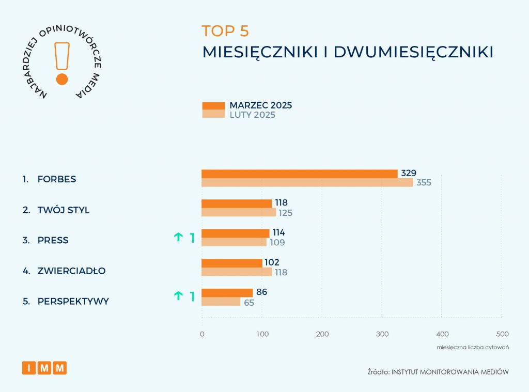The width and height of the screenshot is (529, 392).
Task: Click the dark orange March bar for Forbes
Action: [x=299, y=174]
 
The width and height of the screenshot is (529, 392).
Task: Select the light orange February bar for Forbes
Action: [x=307, y=182]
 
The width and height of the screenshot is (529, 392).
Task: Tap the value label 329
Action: [x=408, y=173]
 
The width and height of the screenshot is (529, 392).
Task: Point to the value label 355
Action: [x=423, y=182]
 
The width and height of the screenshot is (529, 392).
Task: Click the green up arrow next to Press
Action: [x=178, y=238]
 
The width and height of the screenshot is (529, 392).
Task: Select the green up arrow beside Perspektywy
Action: [x=178, y=296]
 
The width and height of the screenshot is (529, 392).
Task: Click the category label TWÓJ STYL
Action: [x=64, y=210]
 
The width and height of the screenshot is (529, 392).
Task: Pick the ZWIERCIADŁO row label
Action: [x=71, y=271]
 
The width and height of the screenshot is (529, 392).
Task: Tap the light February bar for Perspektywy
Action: [x=221, y=302]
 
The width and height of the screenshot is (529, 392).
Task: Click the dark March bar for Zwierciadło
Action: [x=232, y=263]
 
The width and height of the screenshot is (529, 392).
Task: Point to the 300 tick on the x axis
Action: [x=382, y=334]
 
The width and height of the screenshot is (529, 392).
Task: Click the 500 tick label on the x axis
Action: [x=502, y=334]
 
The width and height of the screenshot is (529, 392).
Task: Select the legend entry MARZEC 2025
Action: [x=260, y=105]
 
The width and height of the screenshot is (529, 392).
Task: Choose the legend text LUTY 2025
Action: [x=252, y=115]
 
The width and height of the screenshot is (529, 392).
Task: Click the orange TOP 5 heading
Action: [x=225, y=31]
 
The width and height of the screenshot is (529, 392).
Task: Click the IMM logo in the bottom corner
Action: [x=44, y=368]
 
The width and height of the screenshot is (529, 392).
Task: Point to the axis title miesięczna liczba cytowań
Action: [x=473, y=347]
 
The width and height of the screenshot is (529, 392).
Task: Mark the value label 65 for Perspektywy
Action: [x=249, y=302]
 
